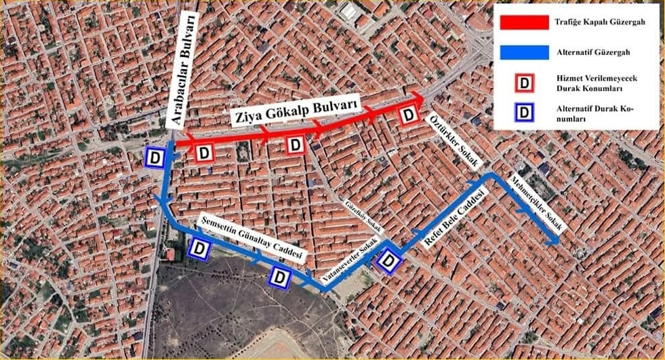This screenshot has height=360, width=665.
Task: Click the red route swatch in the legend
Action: tap(523, 22)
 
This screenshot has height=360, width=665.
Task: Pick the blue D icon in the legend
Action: tap(523, 113)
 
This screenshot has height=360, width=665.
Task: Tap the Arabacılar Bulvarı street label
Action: tap(184, 75)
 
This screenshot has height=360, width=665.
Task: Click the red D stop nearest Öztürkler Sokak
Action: tap(408, 115)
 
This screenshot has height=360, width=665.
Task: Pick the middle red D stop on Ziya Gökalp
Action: tap(296, 144)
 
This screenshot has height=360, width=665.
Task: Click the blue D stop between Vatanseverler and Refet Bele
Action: tap(388, 261)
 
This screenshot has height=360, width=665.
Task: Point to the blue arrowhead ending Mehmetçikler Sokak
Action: tap(555, 240)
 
